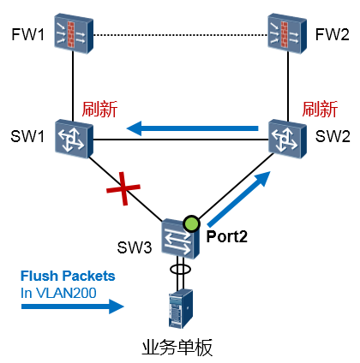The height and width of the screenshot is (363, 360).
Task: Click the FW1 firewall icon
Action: tap(74, 33)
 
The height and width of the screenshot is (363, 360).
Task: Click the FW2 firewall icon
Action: tap(287, 33)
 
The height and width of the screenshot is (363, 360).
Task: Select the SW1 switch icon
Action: tap(74, 139)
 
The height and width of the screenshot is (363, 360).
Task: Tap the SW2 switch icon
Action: tap(287, 139)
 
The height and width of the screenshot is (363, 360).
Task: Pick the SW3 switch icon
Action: tap(180, 239)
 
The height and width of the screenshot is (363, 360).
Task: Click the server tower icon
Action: tap(180, 308)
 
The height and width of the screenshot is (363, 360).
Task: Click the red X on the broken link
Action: tap(123, 188)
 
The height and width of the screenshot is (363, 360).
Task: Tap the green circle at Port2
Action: tap(191, 223)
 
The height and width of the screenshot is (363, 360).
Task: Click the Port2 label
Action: tap(227, 237)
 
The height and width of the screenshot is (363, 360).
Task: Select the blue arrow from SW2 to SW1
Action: tap(192, 128)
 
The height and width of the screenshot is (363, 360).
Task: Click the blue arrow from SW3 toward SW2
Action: tap(239, 199)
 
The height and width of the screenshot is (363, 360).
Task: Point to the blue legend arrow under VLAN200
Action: tap(73, 306)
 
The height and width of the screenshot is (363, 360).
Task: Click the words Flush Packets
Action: tap(68, 276)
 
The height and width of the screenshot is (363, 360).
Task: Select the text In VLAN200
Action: tap(58, 293)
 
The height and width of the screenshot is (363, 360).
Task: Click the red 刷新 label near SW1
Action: tap(99, 109)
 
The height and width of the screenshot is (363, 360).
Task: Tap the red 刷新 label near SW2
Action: tap(320, 109)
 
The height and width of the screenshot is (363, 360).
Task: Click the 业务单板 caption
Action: tap(177, 348)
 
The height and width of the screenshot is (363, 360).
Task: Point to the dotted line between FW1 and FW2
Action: tap(181, 35)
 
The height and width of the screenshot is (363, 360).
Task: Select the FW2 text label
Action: tap(333, 34)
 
